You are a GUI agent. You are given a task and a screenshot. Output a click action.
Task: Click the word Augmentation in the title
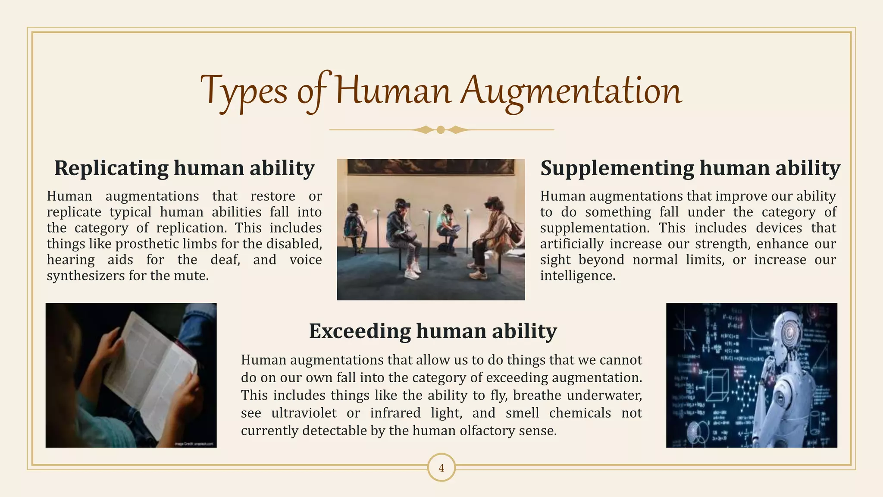[571, 91]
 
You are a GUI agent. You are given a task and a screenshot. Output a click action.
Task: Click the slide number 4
[441, 468]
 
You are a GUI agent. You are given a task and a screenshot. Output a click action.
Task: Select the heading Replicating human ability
[185, 168]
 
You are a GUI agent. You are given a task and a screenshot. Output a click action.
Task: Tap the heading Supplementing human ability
[690, 168]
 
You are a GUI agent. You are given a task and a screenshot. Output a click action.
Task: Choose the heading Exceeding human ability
[433, 331]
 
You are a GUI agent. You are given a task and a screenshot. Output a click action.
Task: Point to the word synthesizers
[85, 276]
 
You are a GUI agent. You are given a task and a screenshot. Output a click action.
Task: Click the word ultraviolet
[304, 413]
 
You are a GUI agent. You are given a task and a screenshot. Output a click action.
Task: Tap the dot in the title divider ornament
[441, 130]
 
